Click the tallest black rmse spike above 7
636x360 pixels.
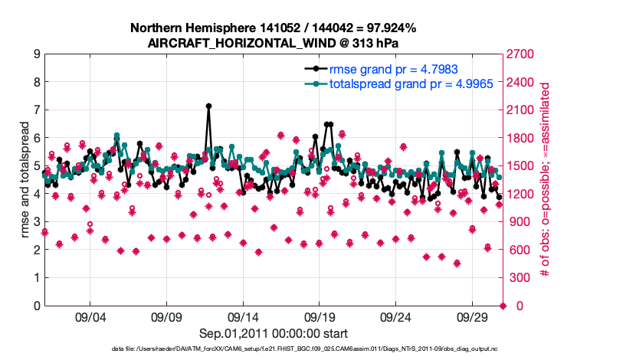tap(208, 106)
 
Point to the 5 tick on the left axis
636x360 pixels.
tap(36, 166)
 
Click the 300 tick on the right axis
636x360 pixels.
tap(516, 278)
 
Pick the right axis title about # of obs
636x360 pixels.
tap(545, 180)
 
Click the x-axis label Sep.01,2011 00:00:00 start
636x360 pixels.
tap(274, 334)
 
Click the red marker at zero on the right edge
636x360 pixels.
tap(503, 306)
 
